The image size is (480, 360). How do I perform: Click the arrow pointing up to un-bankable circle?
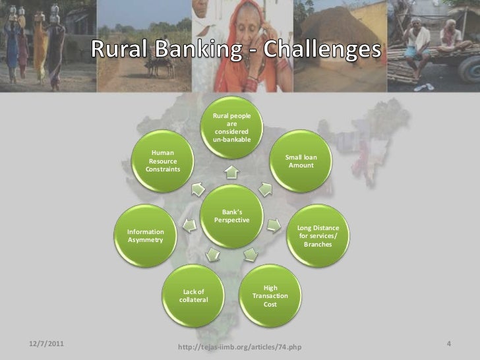click(x=231, y=174)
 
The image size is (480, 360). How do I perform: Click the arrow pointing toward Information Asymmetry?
click(x=189, y=226)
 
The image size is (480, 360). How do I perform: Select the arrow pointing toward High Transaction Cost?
click(x=250, y=253)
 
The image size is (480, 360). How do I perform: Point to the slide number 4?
click(x=448, y=344)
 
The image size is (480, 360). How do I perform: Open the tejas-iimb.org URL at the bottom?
click(x=240, y=347)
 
